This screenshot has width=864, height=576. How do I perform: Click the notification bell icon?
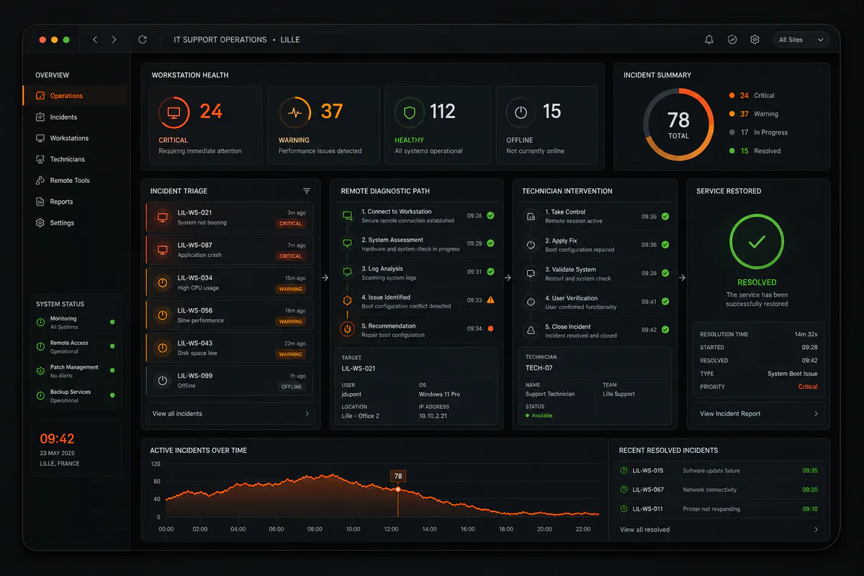pyautogui.click(x=709, y=40)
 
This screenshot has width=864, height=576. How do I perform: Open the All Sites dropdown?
pyautogui.click(x=801, y=40)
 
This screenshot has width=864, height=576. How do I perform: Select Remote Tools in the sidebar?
pyautogui.click(x=70, y=180)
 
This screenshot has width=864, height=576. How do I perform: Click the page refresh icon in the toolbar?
pyautogui.click(x=143, y=40)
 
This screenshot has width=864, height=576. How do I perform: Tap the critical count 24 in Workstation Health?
pyautogui.click(x=211, y=111)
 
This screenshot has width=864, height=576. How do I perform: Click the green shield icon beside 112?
pyautogui.click(x=409, y=112)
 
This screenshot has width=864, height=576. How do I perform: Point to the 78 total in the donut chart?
pyautogui.click(x=678, y=120)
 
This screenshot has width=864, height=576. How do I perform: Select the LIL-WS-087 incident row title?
pyautogui.click(x=195, y=245)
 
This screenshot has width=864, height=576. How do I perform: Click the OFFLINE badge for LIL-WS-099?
pyautogui.click(x=292, y=387)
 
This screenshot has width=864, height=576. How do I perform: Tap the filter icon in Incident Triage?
pyautogui.click(x=307, y=191)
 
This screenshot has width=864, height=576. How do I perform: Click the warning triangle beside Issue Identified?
pyautogui.click(x=490, y=300)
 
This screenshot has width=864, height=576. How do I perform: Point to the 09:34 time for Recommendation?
pyautogui.click(x=474, y=329)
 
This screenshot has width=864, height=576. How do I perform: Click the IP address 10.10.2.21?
pyautogui.click(x=433, y=416)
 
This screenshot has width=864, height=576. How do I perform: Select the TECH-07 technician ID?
pyautogui.click(x=539, y=368)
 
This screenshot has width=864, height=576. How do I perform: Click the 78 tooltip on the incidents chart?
pyautogui.click(x=398, y=476)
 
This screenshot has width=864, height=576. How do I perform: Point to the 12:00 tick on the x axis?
pyautogui.click(x=391, y=529)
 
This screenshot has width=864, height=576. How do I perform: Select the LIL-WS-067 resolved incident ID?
pyautogui.click(x=648, y=490)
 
